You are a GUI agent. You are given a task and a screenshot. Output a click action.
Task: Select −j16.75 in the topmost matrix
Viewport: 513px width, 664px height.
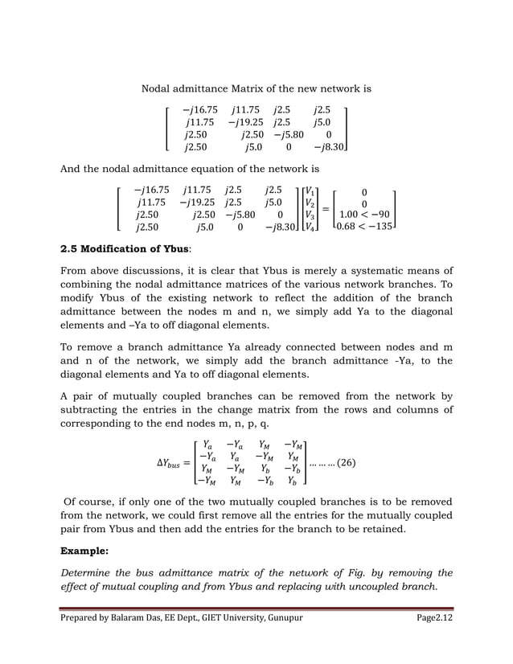click(199, 109)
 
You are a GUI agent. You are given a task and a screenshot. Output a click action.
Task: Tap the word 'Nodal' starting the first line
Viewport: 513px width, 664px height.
click(157, 87)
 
